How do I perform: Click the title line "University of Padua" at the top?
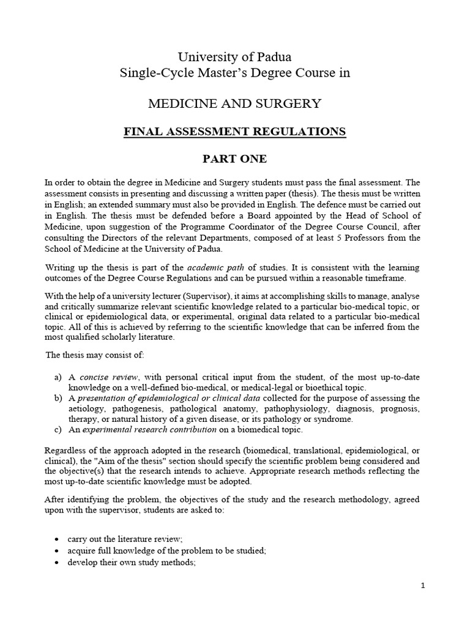(x=234, y=57)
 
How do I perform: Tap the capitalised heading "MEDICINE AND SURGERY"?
(x=234, y=103)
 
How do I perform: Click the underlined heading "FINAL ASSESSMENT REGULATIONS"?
(x=234, y=132)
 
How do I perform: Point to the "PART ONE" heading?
(x=234, y=160)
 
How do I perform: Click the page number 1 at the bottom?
(x=422, y=585)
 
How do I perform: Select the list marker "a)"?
(x=59, y=377)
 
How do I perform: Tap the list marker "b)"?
(x=59, y=398)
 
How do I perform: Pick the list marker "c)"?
(x=59, y=429)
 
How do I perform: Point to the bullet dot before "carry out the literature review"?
(x=56, y=539)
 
